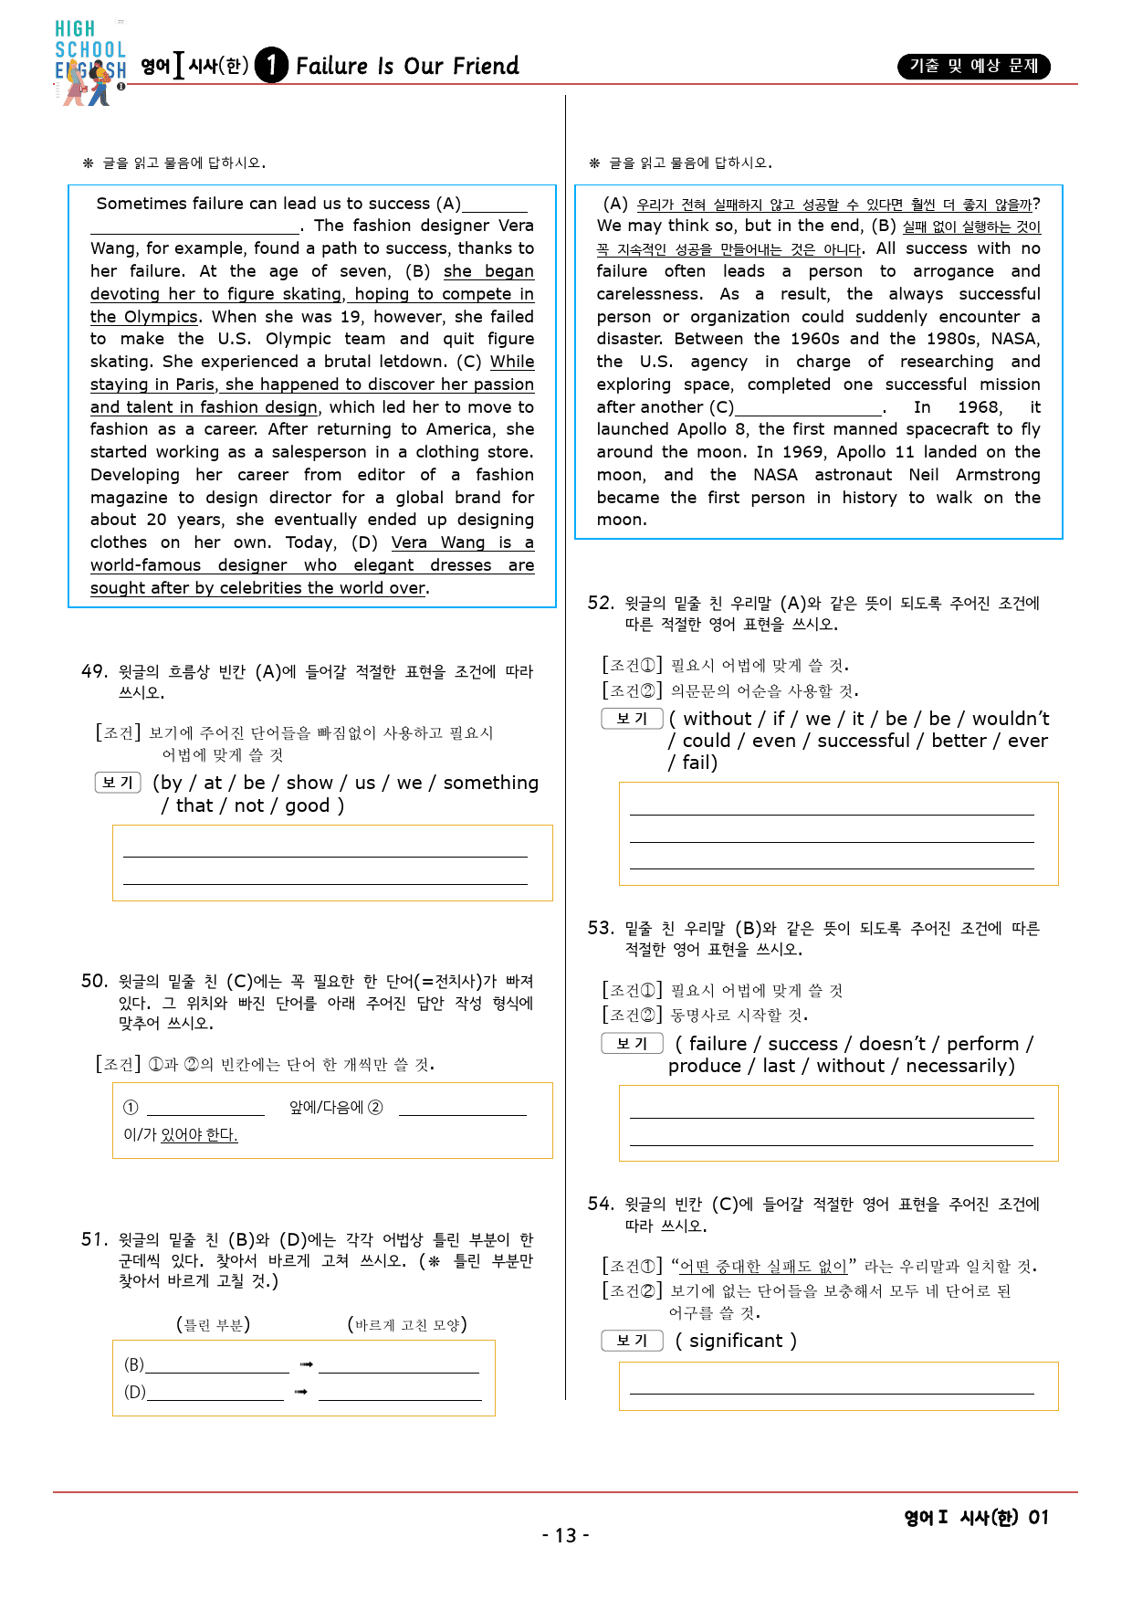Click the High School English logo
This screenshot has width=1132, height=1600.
pos(89,62)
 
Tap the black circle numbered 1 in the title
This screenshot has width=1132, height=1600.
pos(271,66)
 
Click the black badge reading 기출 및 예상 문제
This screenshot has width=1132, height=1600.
pos(973,67)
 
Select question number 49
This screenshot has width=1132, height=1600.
pos(94,672)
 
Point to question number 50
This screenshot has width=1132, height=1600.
pos(94,982)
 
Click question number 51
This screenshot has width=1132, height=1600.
pos(94,1240)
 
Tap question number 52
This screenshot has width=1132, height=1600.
pos(601,604)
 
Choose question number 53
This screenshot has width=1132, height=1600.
pos(601,929)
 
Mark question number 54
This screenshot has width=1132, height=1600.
pos(601,1205)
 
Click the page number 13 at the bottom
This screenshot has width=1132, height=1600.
pos(566,1536)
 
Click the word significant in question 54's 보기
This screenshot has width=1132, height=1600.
pos(736,1341)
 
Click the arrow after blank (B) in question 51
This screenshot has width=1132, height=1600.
pos(306,1365)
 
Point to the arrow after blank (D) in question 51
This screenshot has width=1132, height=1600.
pos(301,1393)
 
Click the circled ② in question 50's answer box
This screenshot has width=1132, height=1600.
pos(375,1108)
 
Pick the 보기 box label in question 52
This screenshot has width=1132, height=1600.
pos(632,719)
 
